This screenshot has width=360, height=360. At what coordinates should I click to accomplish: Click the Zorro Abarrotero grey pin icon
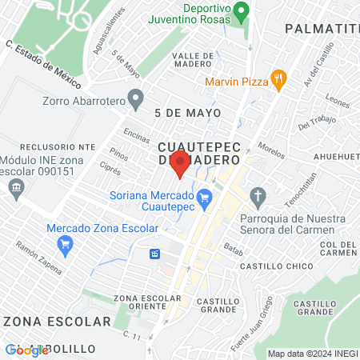(x=136, y=100)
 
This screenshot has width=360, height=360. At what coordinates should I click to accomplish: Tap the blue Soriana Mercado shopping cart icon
(x=204, y=194)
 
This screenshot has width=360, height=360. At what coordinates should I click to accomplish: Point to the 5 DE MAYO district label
(x=188, y=113)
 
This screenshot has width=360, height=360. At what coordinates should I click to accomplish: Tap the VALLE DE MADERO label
(x=192, y=61)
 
